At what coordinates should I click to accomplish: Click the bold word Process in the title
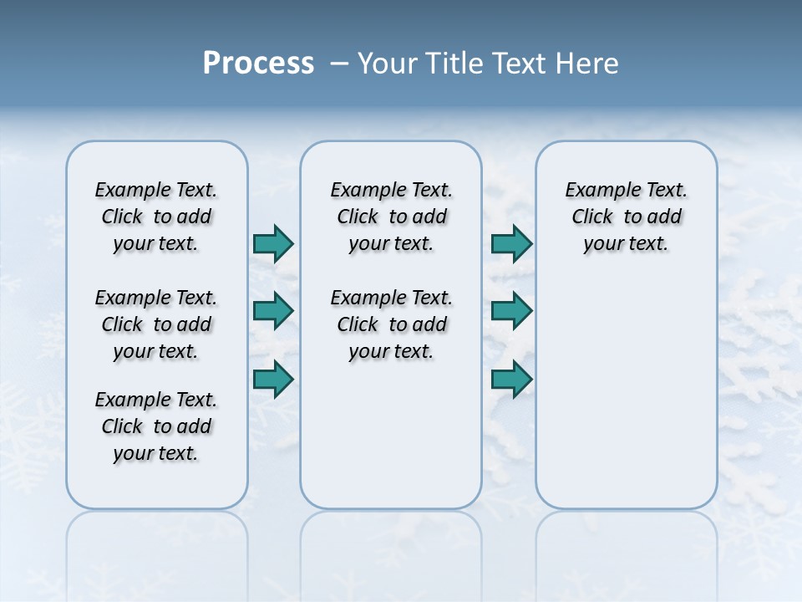[x=258, y=64]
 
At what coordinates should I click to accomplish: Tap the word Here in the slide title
[x=588, y=64]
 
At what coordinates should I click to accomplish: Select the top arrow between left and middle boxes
[x=273, y=243]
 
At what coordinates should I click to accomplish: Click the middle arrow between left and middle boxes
[x=273, y=311]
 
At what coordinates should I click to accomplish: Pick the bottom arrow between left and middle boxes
[x=273, y=379]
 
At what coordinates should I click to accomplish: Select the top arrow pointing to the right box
[x=511, y=243]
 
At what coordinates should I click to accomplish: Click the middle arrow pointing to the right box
[x=511, y=311]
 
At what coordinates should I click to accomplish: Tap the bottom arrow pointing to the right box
[x=511, y=379]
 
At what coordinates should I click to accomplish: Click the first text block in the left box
[x=156, y=217]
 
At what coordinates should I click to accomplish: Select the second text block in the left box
[x=156, y=324]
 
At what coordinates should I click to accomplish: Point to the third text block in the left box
[x=156, y=426]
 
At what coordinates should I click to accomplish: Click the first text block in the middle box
[x=391, y=217]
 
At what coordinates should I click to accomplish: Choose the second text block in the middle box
[x=391, y=324]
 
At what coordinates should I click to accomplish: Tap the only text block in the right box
[x=626, y=217]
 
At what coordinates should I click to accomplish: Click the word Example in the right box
[x=596, y=191]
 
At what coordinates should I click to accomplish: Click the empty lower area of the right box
[x=626, y=393]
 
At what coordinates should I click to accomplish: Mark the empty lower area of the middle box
[x=391, y=435]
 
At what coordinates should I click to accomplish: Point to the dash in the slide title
[x=339, y=64]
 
